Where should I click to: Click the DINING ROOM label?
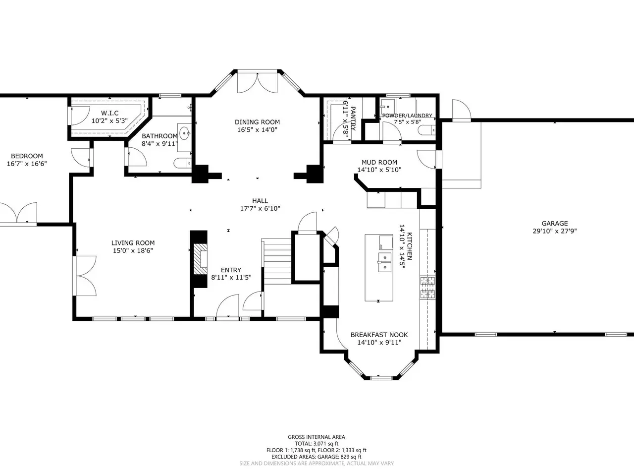257,122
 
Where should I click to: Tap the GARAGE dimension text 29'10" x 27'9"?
555,231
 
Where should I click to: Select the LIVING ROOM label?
133,243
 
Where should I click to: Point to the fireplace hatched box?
200,259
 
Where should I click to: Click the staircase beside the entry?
276,261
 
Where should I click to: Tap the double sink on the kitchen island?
385,262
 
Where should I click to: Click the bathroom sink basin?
184,133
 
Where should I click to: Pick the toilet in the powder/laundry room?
426,130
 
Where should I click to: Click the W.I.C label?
109,113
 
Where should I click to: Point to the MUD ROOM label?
379,162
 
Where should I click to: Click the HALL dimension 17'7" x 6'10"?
260,208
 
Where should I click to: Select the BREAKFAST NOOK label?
379,335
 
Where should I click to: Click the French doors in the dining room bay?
257,83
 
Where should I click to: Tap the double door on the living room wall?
85,276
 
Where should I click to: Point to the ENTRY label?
231,270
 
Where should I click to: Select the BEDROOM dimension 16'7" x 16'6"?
27,164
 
